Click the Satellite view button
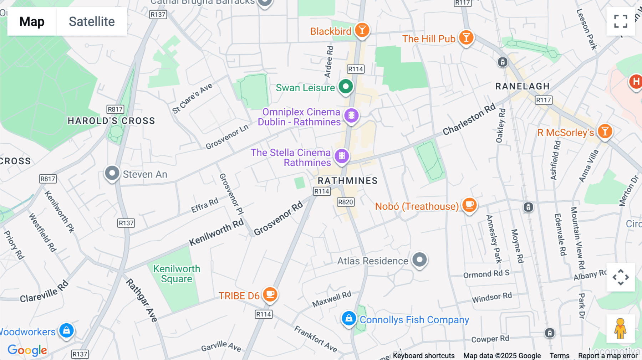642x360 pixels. pos(92,21)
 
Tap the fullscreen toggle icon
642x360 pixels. pos(621,21)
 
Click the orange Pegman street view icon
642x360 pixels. pos(620,329)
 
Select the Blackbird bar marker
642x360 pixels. pos(362,30)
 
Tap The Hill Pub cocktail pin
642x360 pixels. pos(466,37)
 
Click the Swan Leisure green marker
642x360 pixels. pos(345,87)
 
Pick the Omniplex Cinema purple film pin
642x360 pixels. pos(351,115)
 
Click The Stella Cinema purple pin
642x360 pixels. pos(342,156)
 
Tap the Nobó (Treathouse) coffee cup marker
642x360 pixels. pos(469,205)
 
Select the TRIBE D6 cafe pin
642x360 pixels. pos(270,295)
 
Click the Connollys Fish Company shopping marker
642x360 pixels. pos(348,319)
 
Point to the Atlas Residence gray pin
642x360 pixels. pos(419,259)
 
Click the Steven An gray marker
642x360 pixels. pos(112,174)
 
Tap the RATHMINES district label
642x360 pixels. pos(347,181)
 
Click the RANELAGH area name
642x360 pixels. pos(522,86)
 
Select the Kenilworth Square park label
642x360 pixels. pos(177,274)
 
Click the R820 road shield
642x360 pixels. pos(345,202)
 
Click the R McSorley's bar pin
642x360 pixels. pos(605,132)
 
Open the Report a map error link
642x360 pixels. pos(607,356)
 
